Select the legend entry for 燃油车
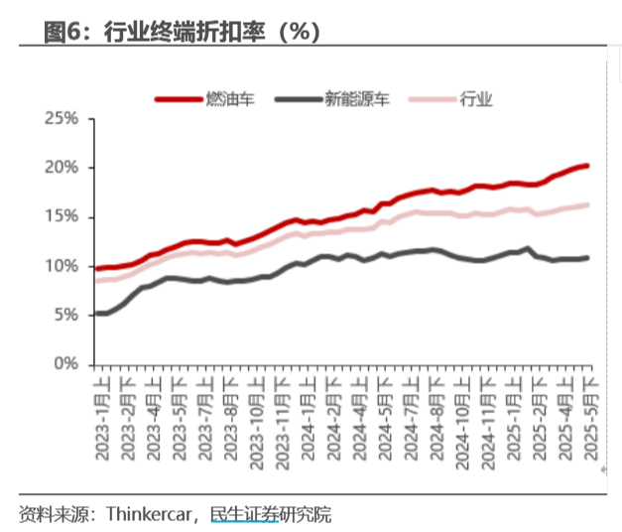[x=222, y=98]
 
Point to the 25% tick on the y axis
[x=62, y=119]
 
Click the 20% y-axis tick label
[x=62, y=168]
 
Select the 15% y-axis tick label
[x=62, y=217]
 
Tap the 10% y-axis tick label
[x=62, y=266]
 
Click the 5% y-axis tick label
[x=65, y=315]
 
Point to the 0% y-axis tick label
[x=65, y=364]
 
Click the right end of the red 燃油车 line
[x=587, y=166]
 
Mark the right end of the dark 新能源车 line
[x=587, y=258]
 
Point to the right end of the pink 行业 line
[x=587, y=205]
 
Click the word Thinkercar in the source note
[x=150, y=514]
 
